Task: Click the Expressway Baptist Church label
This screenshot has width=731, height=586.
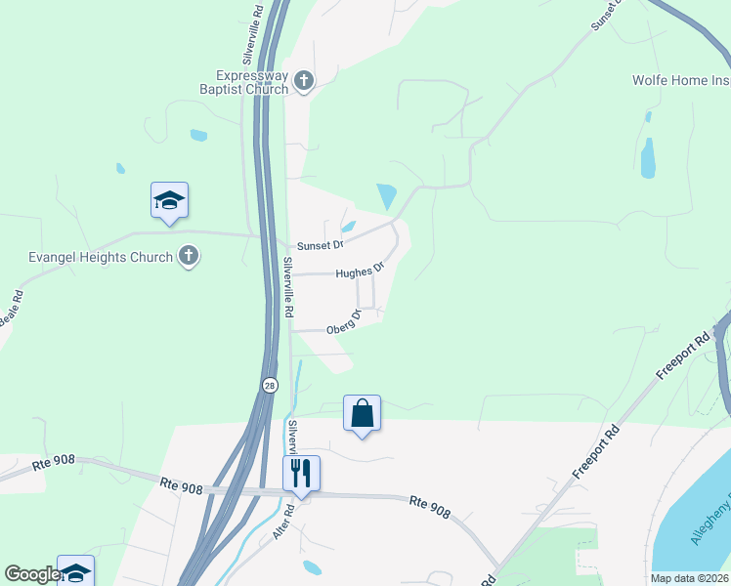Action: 252,81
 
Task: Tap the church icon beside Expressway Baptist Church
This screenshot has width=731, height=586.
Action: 303,80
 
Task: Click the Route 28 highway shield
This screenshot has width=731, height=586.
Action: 270,386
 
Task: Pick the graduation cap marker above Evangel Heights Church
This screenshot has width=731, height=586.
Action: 169,200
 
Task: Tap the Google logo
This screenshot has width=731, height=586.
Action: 31,574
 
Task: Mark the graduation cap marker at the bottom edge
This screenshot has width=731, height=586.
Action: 75,572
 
